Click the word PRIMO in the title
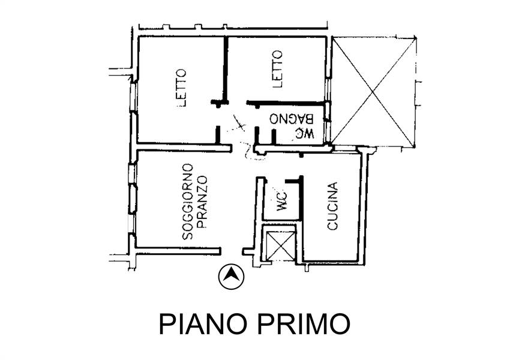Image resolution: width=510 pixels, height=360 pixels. pyautogui.click(x=304, y=324)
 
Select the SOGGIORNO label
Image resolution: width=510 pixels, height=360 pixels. pyautogui.click(x=187, y=202)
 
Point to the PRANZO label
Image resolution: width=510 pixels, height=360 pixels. pyautogui.click(x=202, y=202)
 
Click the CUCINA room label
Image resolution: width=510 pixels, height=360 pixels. pyautogui.click(x=333, y=206)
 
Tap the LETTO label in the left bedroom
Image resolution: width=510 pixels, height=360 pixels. pyautogui.click(x=182, y=88)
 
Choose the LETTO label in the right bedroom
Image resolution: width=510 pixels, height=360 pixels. pyautogui.click(x=277, y=69)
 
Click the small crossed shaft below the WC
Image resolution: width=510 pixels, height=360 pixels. pyautogui.click(x=278, y=244)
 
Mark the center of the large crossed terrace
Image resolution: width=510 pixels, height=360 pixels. pyautogui.click(x=373, y=92)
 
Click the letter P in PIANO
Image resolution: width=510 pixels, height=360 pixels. pyautogui.click(x=165, y=324)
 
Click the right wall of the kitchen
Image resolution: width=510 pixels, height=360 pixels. pyautogui.click(x=362, y=204)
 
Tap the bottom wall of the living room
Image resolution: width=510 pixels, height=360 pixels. pyautogui.click(x=177, y=251)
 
